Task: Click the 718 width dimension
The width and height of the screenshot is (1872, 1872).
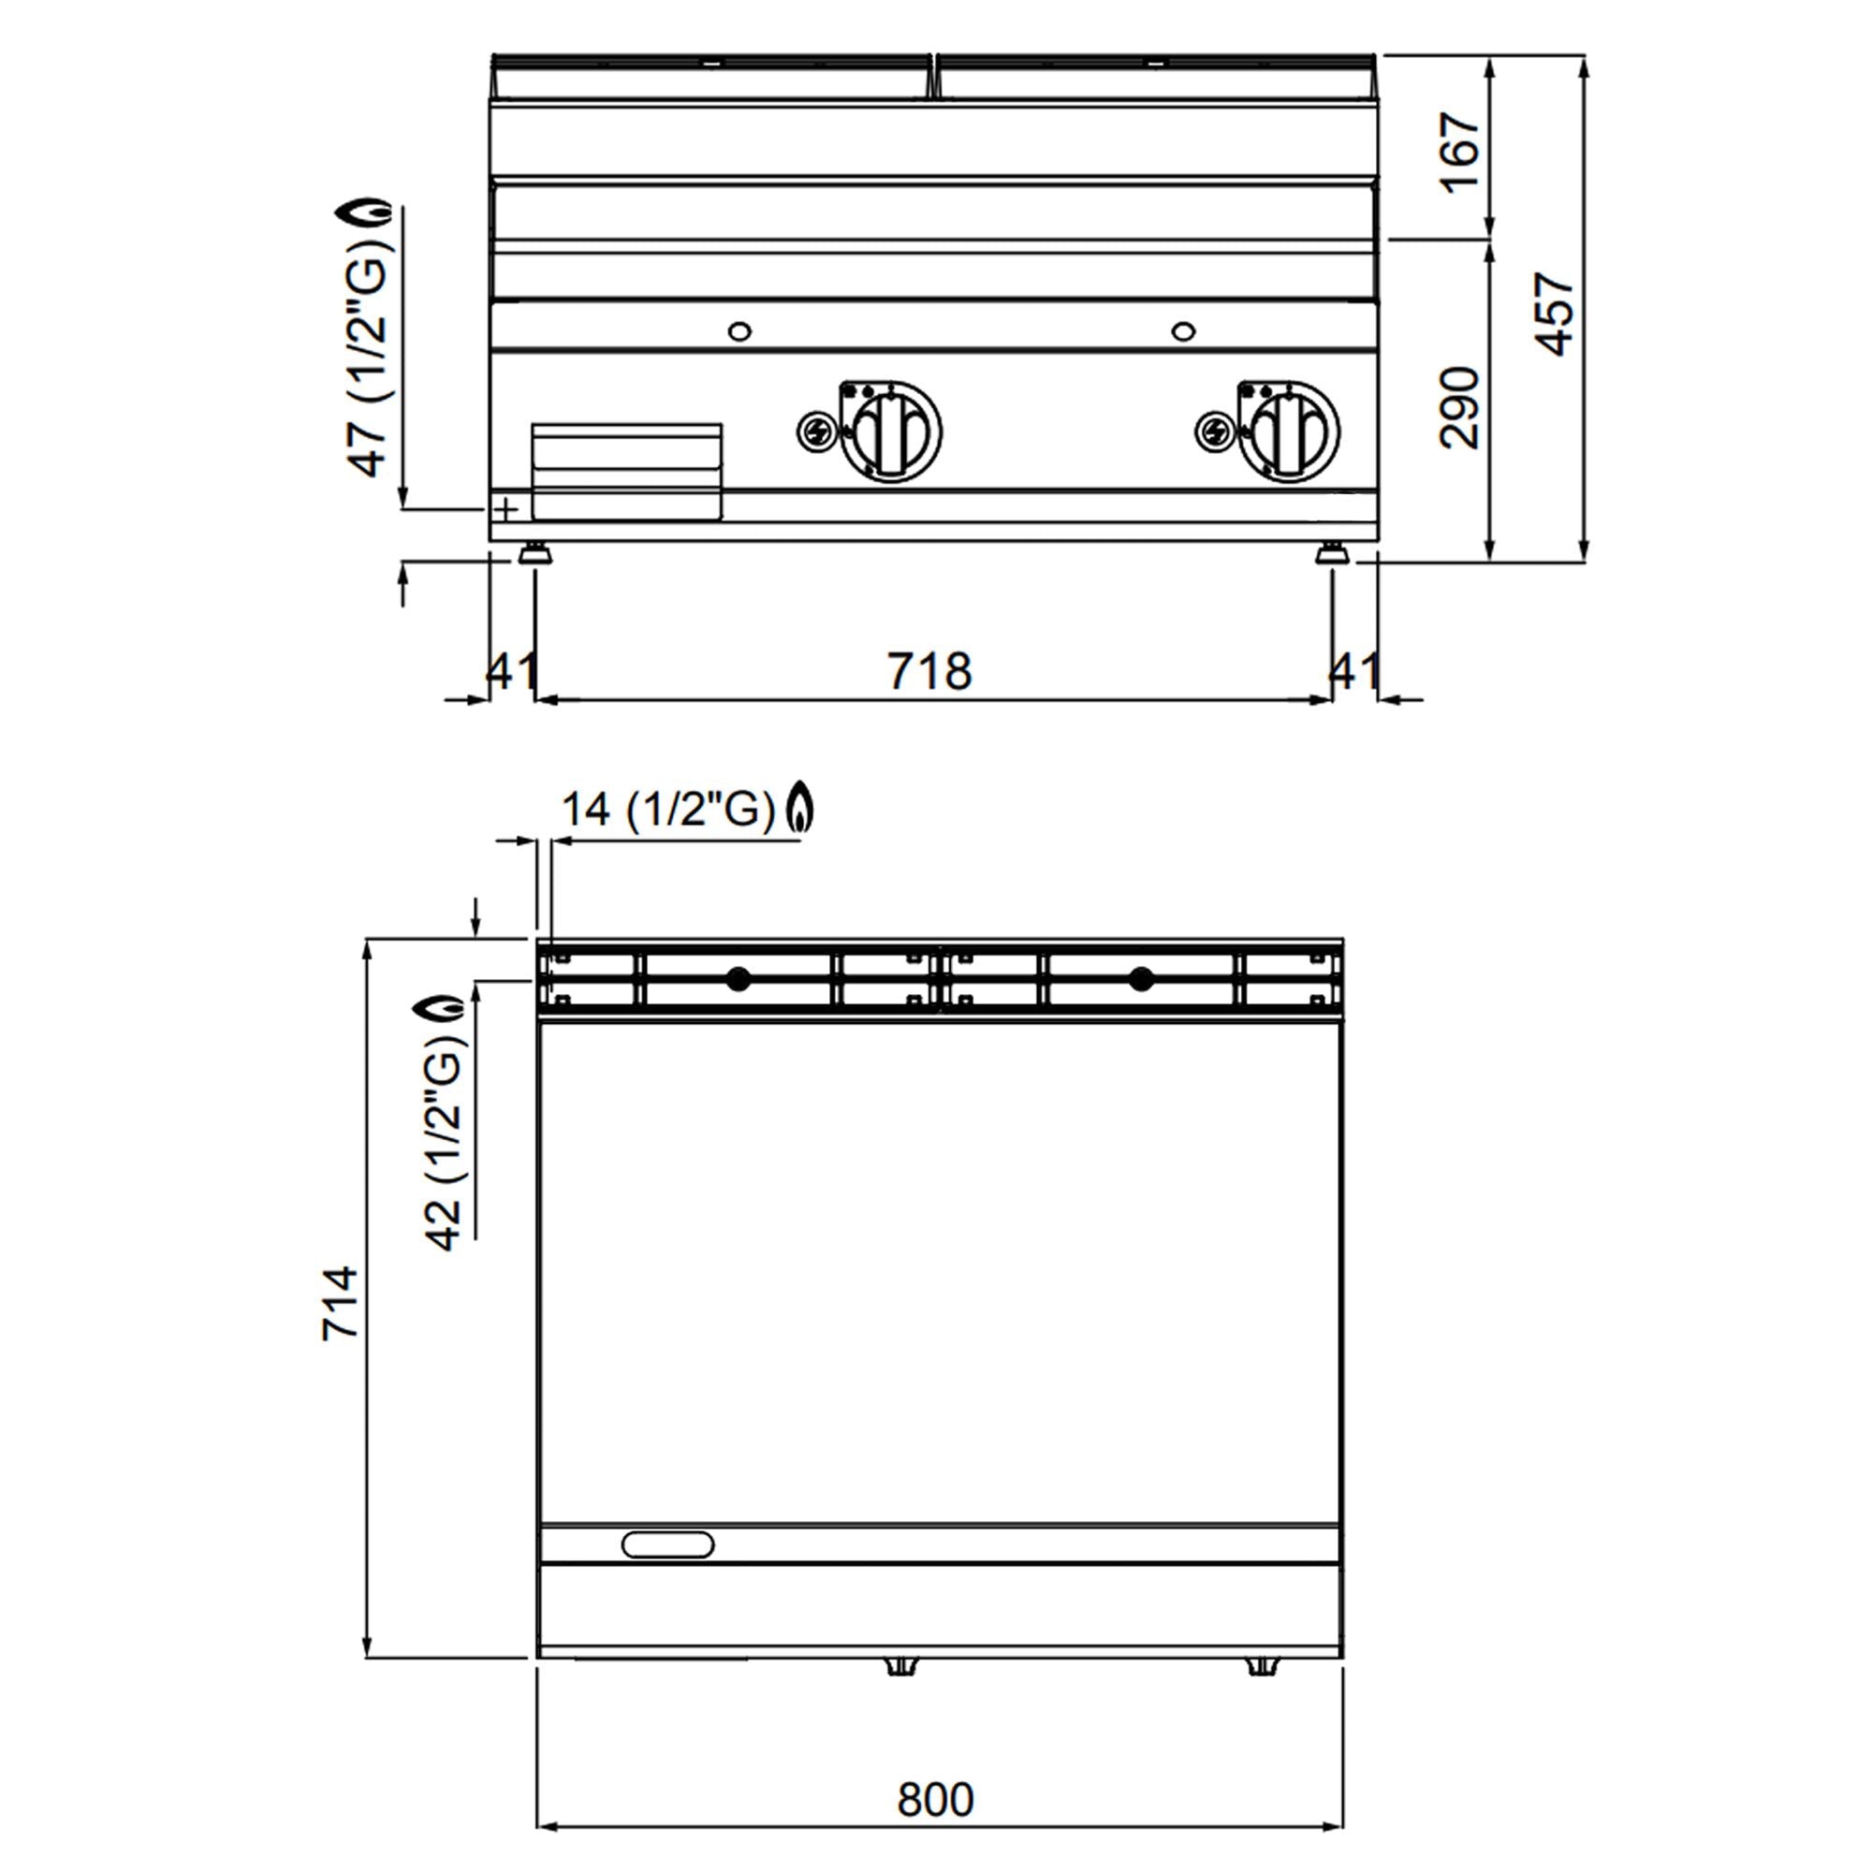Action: (929, 670)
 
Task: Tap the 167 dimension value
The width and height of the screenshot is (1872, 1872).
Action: (1461, 154)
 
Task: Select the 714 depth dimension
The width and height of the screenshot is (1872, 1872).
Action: (340, 1302)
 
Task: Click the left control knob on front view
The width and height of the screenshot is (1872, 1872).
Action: (891, 431)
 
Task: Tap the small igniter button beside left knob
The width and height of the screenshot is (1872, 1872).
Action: (815, 431)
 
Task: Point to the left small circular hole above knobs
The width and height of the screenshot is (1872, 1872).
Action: (739, 331)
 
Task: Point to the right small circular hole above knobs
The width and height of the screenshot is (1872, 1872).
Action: (1183, 331)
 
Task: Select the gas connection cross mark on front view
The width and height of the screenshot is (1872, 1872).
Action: (505, 507)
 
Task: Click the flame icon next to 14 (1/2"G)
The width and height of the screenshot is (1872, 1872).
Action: (799, 806)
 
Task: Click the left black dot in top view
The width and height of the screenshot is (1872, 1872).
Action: (739, 979)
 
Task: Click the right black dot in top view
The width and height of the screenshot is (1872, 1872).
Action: (1141, 979)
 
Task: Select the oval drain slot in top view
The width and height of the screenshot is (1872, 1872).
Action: (667, 1544)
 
